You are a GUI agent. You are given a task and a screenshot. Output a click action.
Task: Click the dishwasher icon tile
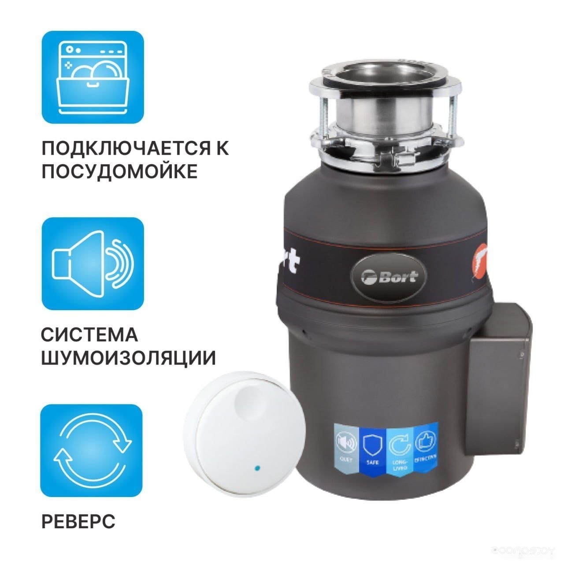point(93,77)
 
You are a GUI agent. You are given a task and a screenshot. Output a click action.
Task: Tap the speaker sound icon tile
point(93,263)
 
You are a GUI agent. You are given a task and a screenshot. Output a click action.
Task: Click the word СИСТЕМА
point(89,335)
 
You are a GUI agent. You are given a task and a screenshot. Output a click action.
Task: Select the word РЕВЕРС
point(78,521)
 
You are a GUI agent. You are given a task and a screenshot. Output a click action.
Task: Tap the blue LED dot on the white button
point(257,468)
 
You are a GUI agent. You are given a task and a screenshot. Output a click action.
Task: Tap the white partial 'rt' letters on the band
point(288,262)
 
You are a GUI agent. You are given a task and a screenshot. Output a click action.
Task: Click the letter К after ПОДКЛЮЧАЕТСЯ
point(223,148)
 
